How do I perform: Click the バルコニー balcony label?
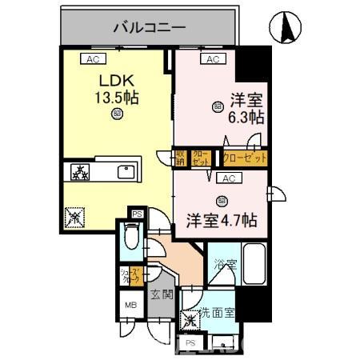click(149, 27)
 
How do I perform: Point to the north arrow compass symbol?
click(286, 29)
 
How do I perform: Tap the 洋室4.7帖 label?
click(223, 218)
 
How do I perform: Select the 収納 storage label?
click(182, 157)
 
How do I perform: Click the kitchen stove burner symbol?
click(81, 171)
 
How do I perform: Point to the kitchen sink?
click(127, 171)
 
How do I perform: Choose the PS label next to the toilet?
click(137, 214)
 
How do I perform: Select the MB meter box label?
click(129, 305)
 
